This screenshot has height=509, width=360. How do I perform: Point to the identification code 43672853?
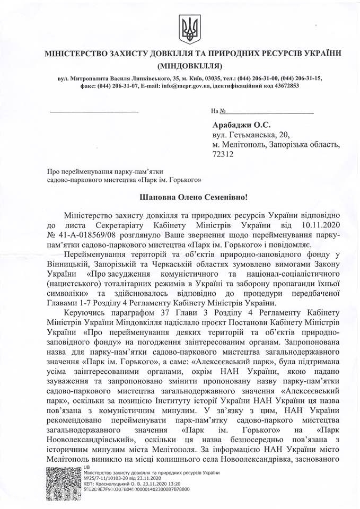tap(284, 86)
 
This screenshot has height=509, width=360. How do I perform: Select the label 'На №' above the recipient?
tap(215, 111)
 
